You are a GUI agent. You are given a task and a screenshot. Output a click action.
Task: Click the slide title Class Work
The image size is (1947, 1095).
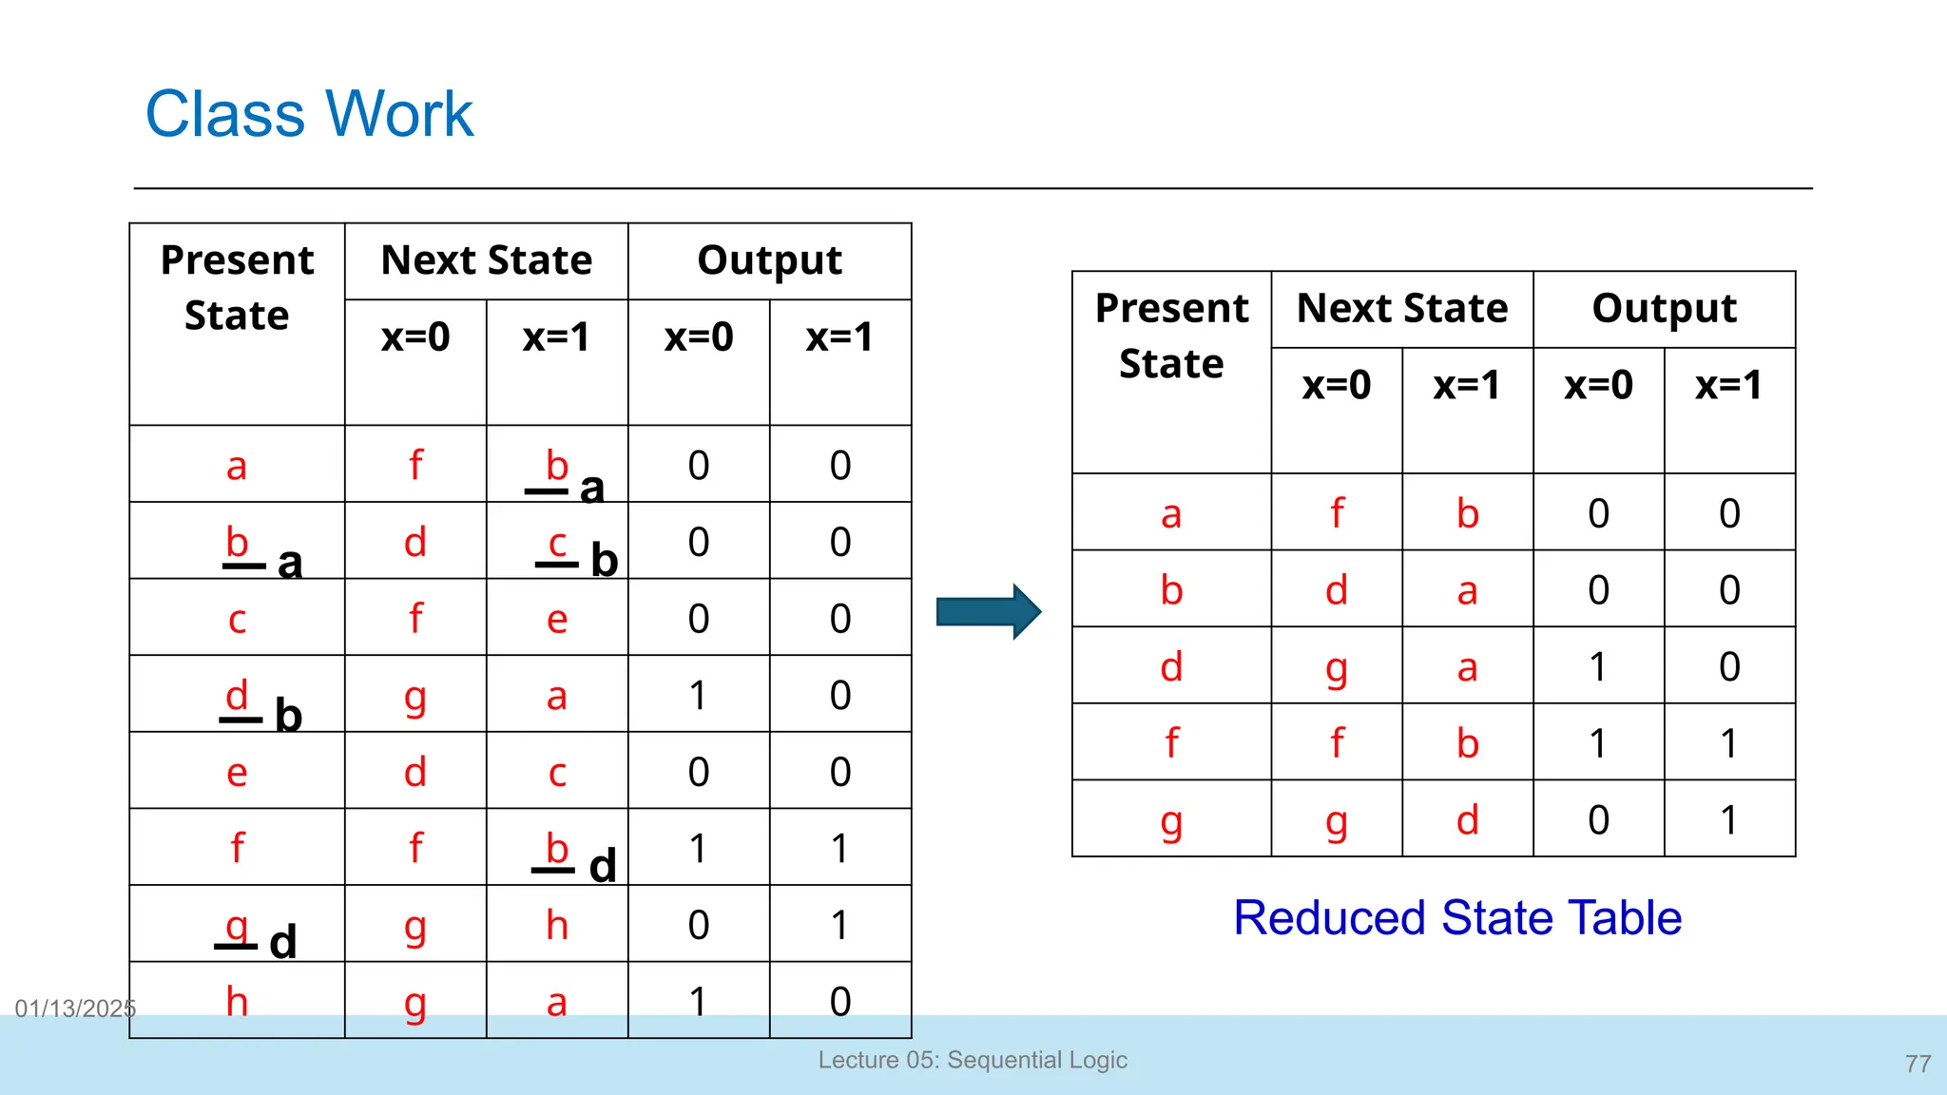click(x=309, y=115)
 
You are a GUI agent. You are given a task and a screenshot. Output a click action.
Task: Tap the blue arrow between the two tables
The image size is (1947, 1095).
click(x=988, y=611)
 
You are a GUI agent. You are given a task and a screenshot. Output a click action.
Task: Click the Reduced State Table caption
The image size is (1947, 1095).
click(x=1456, y=918)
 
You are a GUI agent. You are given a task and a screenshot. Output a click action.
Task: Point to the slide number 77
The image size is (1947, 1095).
click(x=1918, y=1064)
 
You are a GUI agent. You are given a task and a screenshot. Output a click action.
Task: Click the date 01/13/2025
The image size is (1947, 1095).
click(x=75, y=1009)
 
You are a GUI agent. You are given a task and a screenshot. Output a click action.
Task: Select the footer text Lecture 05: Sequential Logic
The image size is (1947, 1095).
click(x=973, y=1060)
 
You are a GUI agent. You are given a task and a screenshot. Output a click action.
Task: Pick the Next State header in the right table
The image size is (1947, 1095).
click(x=1401, y=309)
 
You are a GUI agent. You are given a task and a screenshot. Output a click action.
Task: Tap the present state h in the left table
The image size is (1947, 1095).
click(x=237, y=1002)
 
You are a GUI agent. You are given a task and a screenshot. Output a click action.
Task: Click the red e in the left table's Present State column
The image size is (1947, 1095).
click(x=237, y=773)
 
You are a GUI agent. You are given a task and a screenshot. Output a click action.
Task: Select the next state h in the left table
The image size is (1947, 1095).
click(x=557, y=925)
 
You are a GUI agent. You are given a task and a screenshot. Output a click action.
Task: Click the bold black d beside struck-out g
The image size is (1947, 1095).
click(x=283, y=942)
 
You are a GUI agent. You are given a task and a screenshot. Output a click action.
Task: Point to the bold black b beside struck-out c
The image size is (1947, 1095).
click(x=604, y=561)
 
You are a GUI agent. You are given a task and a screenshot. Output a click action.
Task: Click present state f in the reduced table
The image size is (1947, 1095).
click(x=1171, y=742)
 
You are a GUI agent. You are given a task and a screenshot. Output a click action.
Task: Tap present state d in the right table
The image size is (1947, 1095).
click(x=1171, y=666)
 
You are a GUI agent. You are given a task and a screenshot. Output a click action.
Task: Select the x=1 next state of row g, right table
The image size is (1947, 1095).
click(x=1467, y=819)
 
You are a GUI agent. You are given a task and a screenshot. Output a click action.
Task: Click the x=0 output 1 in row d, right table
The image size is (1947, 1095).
click(x=1598, y=666)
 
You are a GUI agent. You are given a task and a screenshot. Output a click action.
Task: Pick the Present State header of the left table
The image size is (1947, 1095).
click(x=237, y=287)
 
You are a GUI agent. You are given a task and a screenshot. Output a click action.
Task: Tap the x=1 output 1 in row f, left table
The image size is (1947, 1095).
click(x=839, y=848)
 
